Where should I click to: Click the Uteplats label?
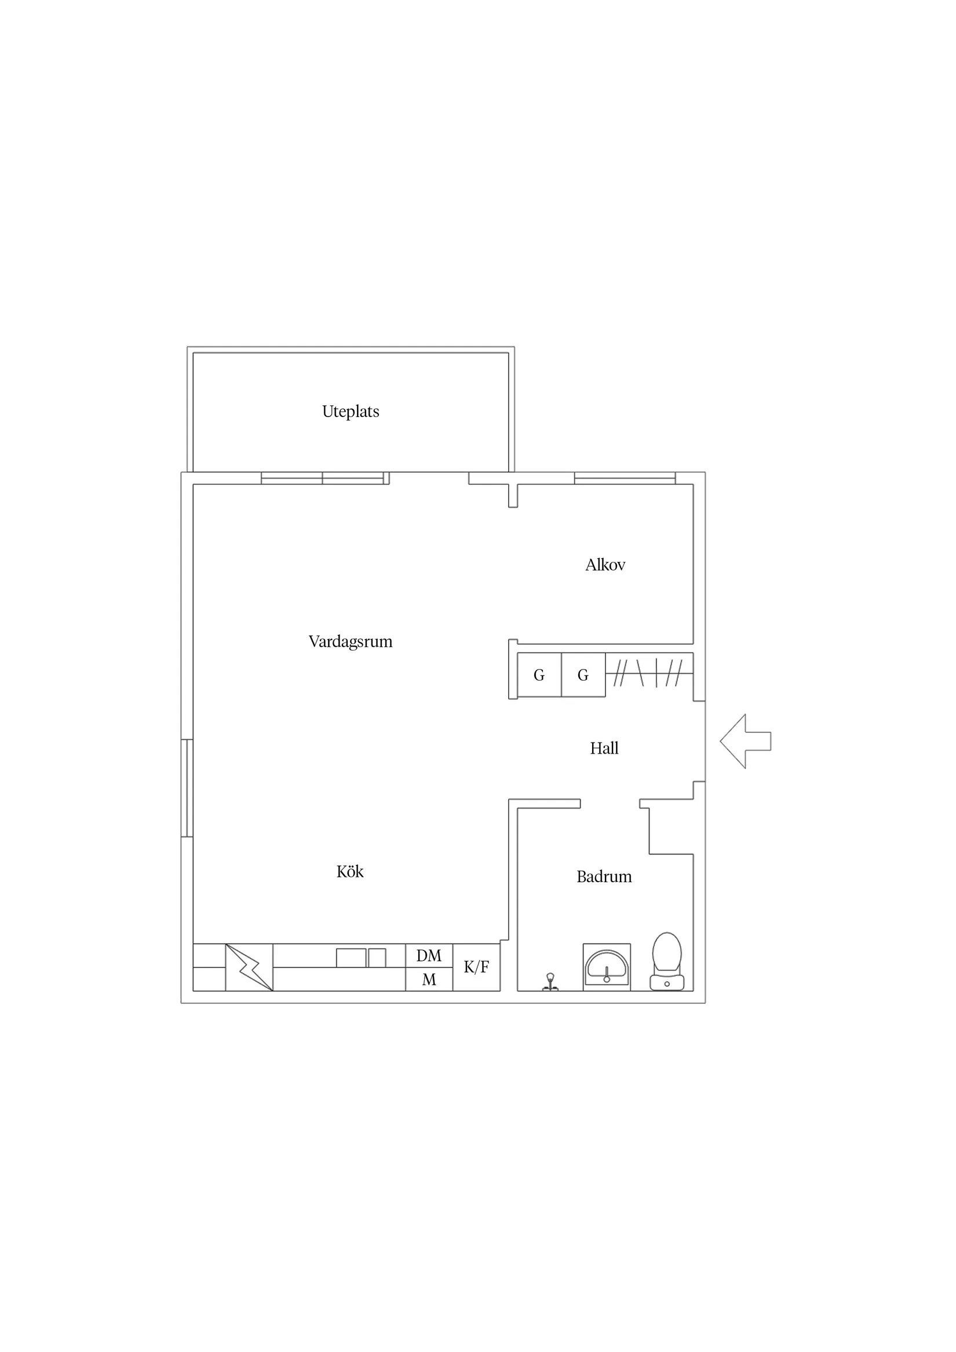pyautogui.click(x=351, y=411)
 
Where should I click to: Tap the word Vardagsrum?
pyautogui.click(x=351, y=641)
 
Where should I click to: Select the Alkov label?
pyautogui.click(x=605, y=565)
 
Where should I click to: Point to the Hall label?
pyautogui.click(x=604, y=748)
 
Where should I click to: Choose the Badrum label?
pyautogui.click(x=604, y=877)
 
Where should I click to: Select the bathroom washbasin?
pyautogui.click(x=607, y=967)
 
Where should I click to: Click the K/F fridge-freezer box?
pyautogui.click(x=476, y=967)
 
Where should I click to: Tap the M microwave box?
pyautogui.click(x=429, y=980)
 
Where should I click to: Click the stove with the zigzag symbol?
pyautogui.click(x=249, y=967)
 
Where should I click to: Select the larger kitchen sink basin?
pyautogui.click(x=351, y=958)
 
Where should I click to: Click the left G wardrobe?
pyautogui.click(x=539, y=675)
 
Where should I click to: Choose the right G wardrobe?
pyautogui.click(x=583, y=675)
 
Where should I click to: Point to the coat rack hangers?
pyautogui.click(x=648, y=673)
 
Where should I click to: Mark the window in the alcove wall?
pyautogui.click(x=625, y=478)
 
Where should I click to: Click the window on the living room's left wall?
pyautogui.click(x=187, y=788)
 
